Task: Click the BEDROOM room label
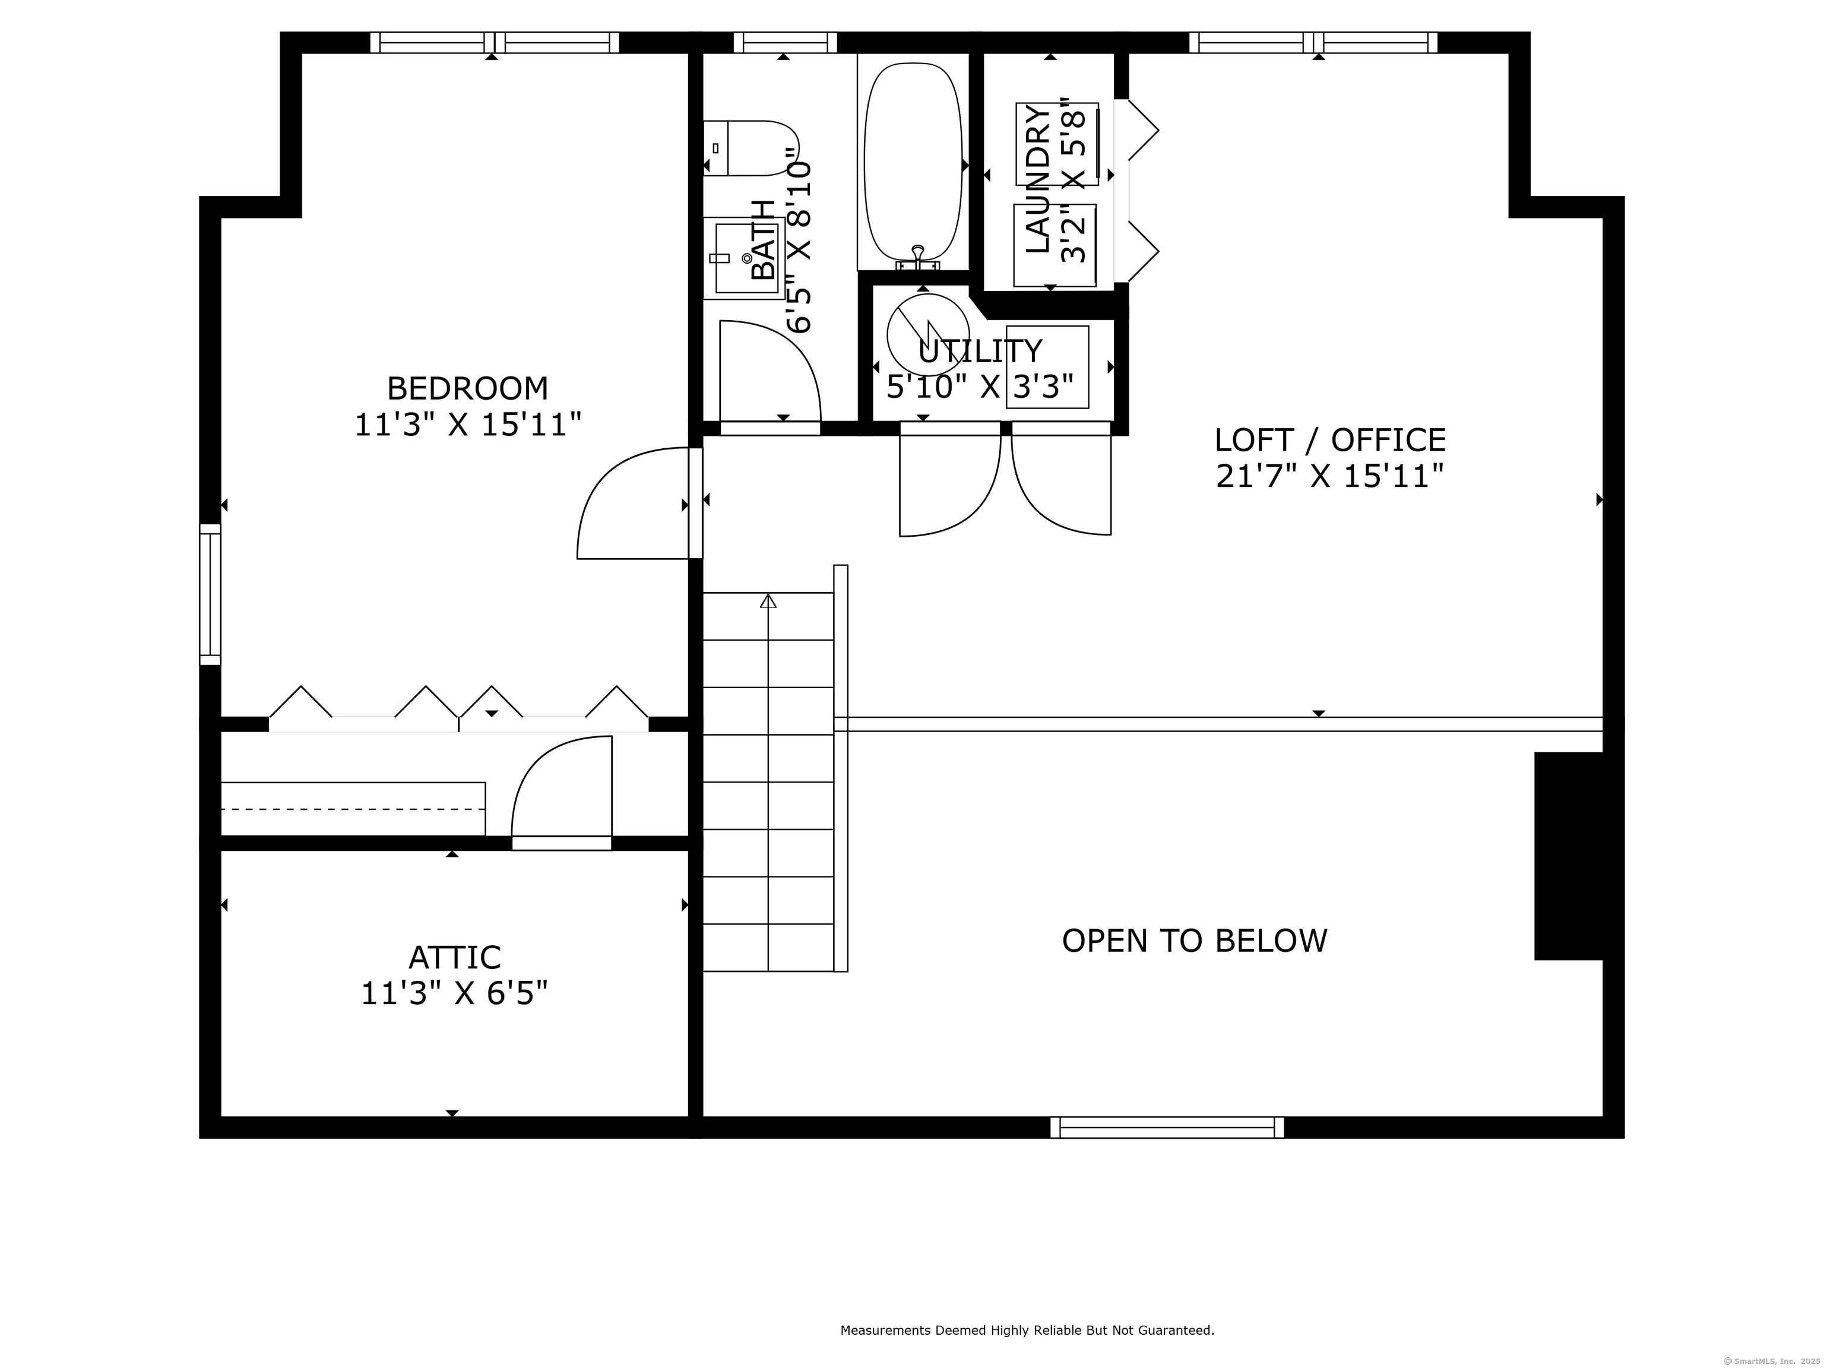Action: pos(467,388)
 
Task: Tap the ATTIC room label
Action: pos(454,957)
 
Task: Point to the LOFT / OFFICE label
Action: pos(1330,441)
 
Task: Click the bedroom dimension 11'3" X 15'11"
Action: pos(467,425)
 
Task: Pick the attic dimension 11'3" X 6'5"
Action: pos(454,993)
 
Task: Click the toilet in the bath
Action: pos(750,148)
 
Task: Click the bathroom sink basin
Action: pos(747,256)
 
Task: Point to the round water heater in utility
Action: pos(927,335)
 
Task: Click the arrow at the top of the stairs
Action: pos(768,601)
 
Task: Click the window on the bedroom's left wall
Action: pos(210,594)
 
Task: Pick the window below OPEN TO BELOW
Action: pos(1167,1127)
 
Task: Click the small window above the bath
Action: pos(785,42)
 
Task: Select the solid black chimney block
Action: pos(1568,856)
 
